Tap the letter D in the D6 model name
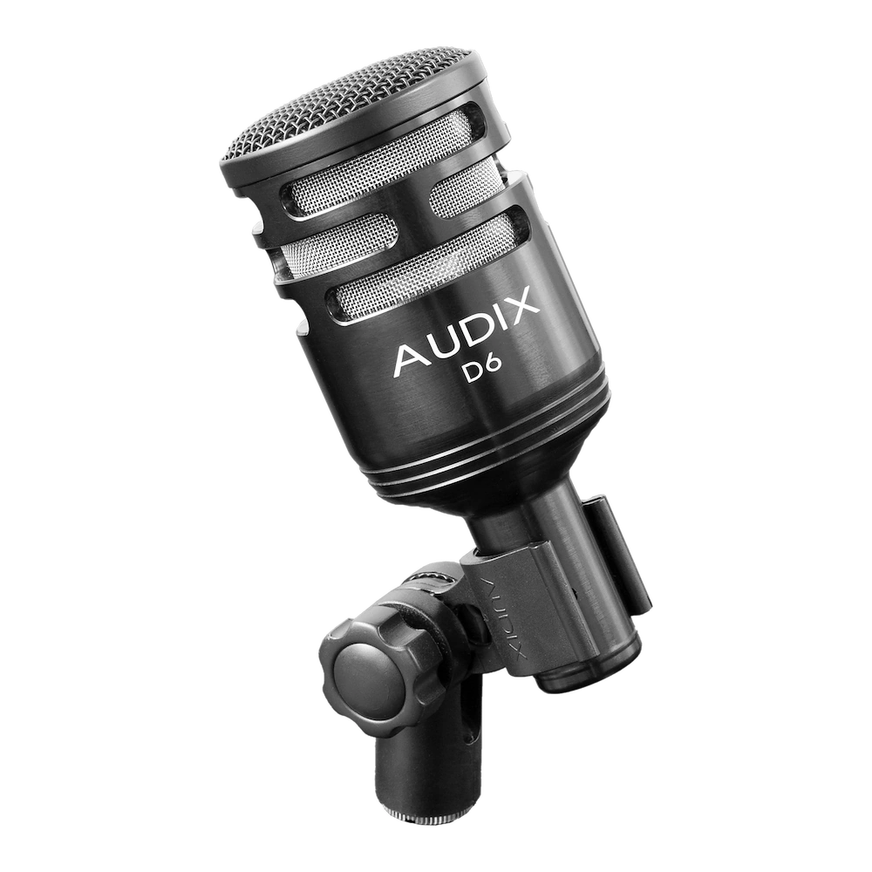pyautogui.click(x=475, y=374)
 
